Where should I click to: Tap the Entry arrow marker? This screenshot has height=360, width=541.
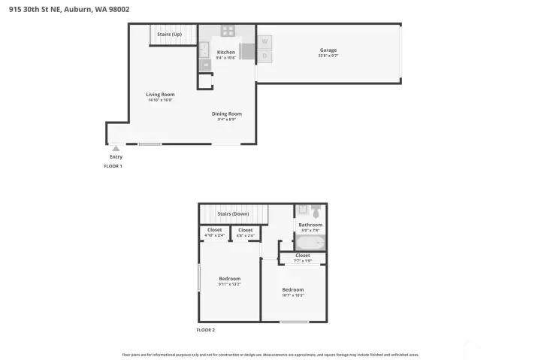[116, 149]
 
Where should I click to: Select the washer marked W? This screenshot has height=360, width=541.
[264, 41]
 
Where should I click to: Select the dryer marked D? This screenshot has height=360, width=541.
[264, 56]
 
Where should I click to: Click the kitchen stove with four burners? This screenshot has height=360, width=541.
[228, 32]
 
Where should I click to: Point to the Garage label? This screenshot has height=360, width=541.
[328, 50]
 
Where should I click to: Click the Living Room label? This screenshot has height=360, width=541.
[160, 94]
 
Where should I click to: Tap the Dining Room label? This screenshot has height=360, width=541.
[226, 113]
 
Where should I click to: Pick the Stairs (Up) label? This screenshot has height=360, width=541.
[169, 35]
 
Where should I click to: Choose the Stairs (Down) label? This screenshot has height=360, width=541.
[233, 213]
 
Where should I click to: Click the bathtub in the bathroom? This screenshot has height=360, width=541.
[310, 243]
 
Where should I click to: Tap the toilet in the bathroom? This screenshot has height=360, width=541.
[316, 210]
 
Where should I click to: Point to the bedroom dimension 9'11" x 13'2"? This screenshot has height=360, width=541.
[229, 283]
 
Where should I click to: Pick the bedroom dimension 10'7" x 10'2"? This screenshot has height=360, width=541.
[292, 295]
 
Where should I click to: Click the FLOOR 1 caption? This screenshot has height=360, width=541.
[113, 165]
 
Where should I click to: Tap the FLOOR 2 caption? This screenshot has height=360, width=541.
[206, 329]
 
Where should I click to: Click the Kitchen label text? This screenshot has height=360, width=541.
[226, 52]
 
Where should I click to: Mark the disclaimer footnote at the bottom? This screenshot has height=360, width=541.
[270, 354]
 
